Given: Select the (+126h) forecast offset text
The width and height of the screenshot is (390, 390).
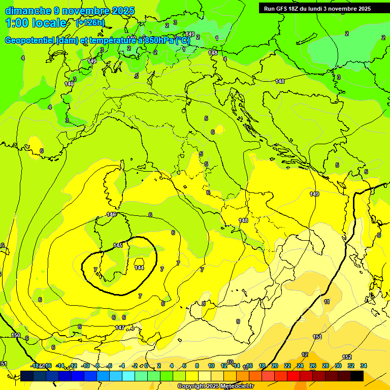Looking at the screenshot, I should [x=90, y=22].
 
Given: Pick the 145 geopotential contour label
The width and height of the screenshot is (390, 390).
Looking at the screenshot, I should [x=118, y=245].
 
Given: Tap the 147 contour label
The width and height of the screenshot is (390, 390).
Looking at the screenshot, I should [x=120, y=328].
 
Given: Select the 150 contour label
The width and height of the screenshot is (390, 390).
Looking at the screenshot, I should [x=16, y=335].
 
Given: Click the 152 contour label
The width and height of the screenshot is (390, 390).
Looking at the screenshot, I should [x=347, y=357].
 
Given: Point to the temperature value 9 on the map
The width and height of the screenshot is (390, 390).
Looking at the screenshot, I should [x=238, y=321].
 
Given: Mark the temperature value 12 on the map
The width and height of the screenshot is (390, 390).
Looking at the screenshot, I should [x=305, y=354].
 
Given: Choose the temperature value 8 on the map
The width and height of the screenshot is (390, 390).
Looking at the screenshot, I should [x=204, y=304].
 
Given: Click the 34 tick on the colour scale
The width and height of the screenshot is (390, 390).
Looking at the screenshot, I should [x=364, y=366].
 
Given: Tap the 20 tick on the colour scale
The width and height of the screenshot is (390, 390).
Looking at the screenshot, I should [x=275, y=366].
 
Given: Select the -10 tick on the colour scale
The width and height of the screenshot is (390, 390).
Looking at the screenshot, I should [x=85, y=366].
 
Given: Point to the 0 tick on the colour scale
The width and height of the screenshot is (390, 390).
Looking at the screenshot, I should [x=146, y=366].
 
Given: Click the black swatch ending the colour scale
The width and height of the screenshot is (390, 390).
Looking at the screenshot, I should [x=356, y=376].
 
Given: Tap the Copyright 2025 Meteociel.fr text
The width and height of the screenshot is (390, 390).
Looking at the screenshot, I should [x=215, y=386].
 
